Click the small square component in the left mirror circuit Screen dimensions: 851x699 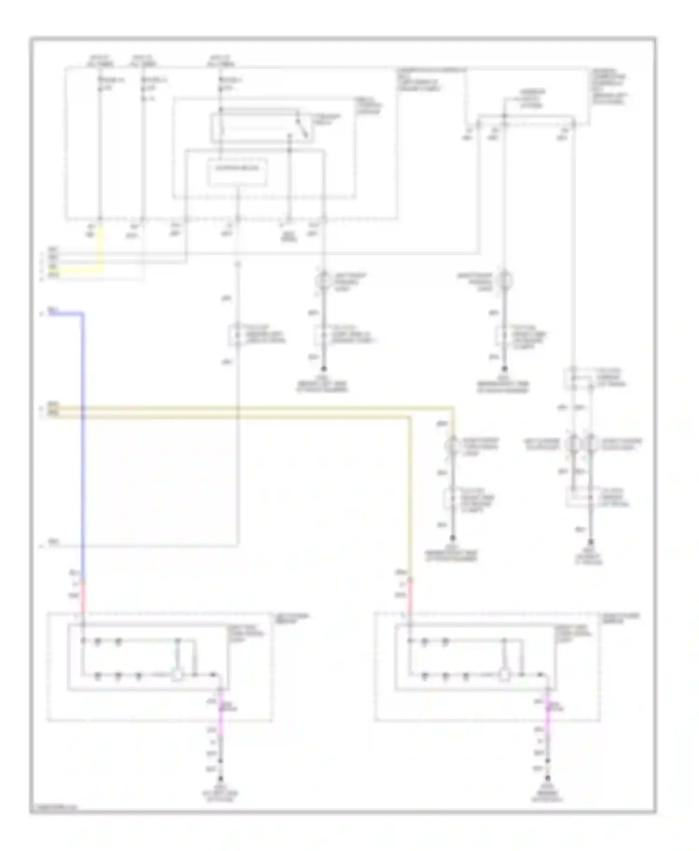(177, 675)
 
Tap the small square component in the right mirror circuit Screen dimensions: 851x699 (504, 675)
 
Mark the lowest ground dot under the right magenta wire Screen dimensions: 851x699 (548, 779)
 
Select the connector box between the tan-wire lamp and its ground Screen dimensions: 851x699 (452, 500)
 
